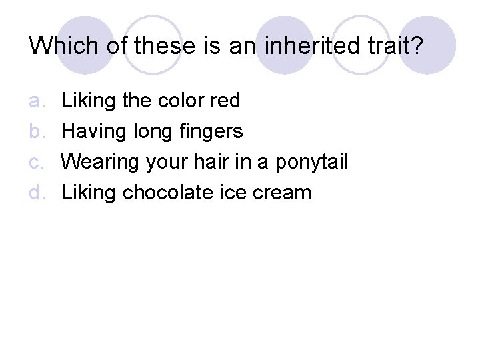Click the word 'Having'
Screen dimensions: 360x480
coord(89,132)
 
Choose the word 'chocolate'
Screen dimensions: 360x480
coord(164,193)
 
